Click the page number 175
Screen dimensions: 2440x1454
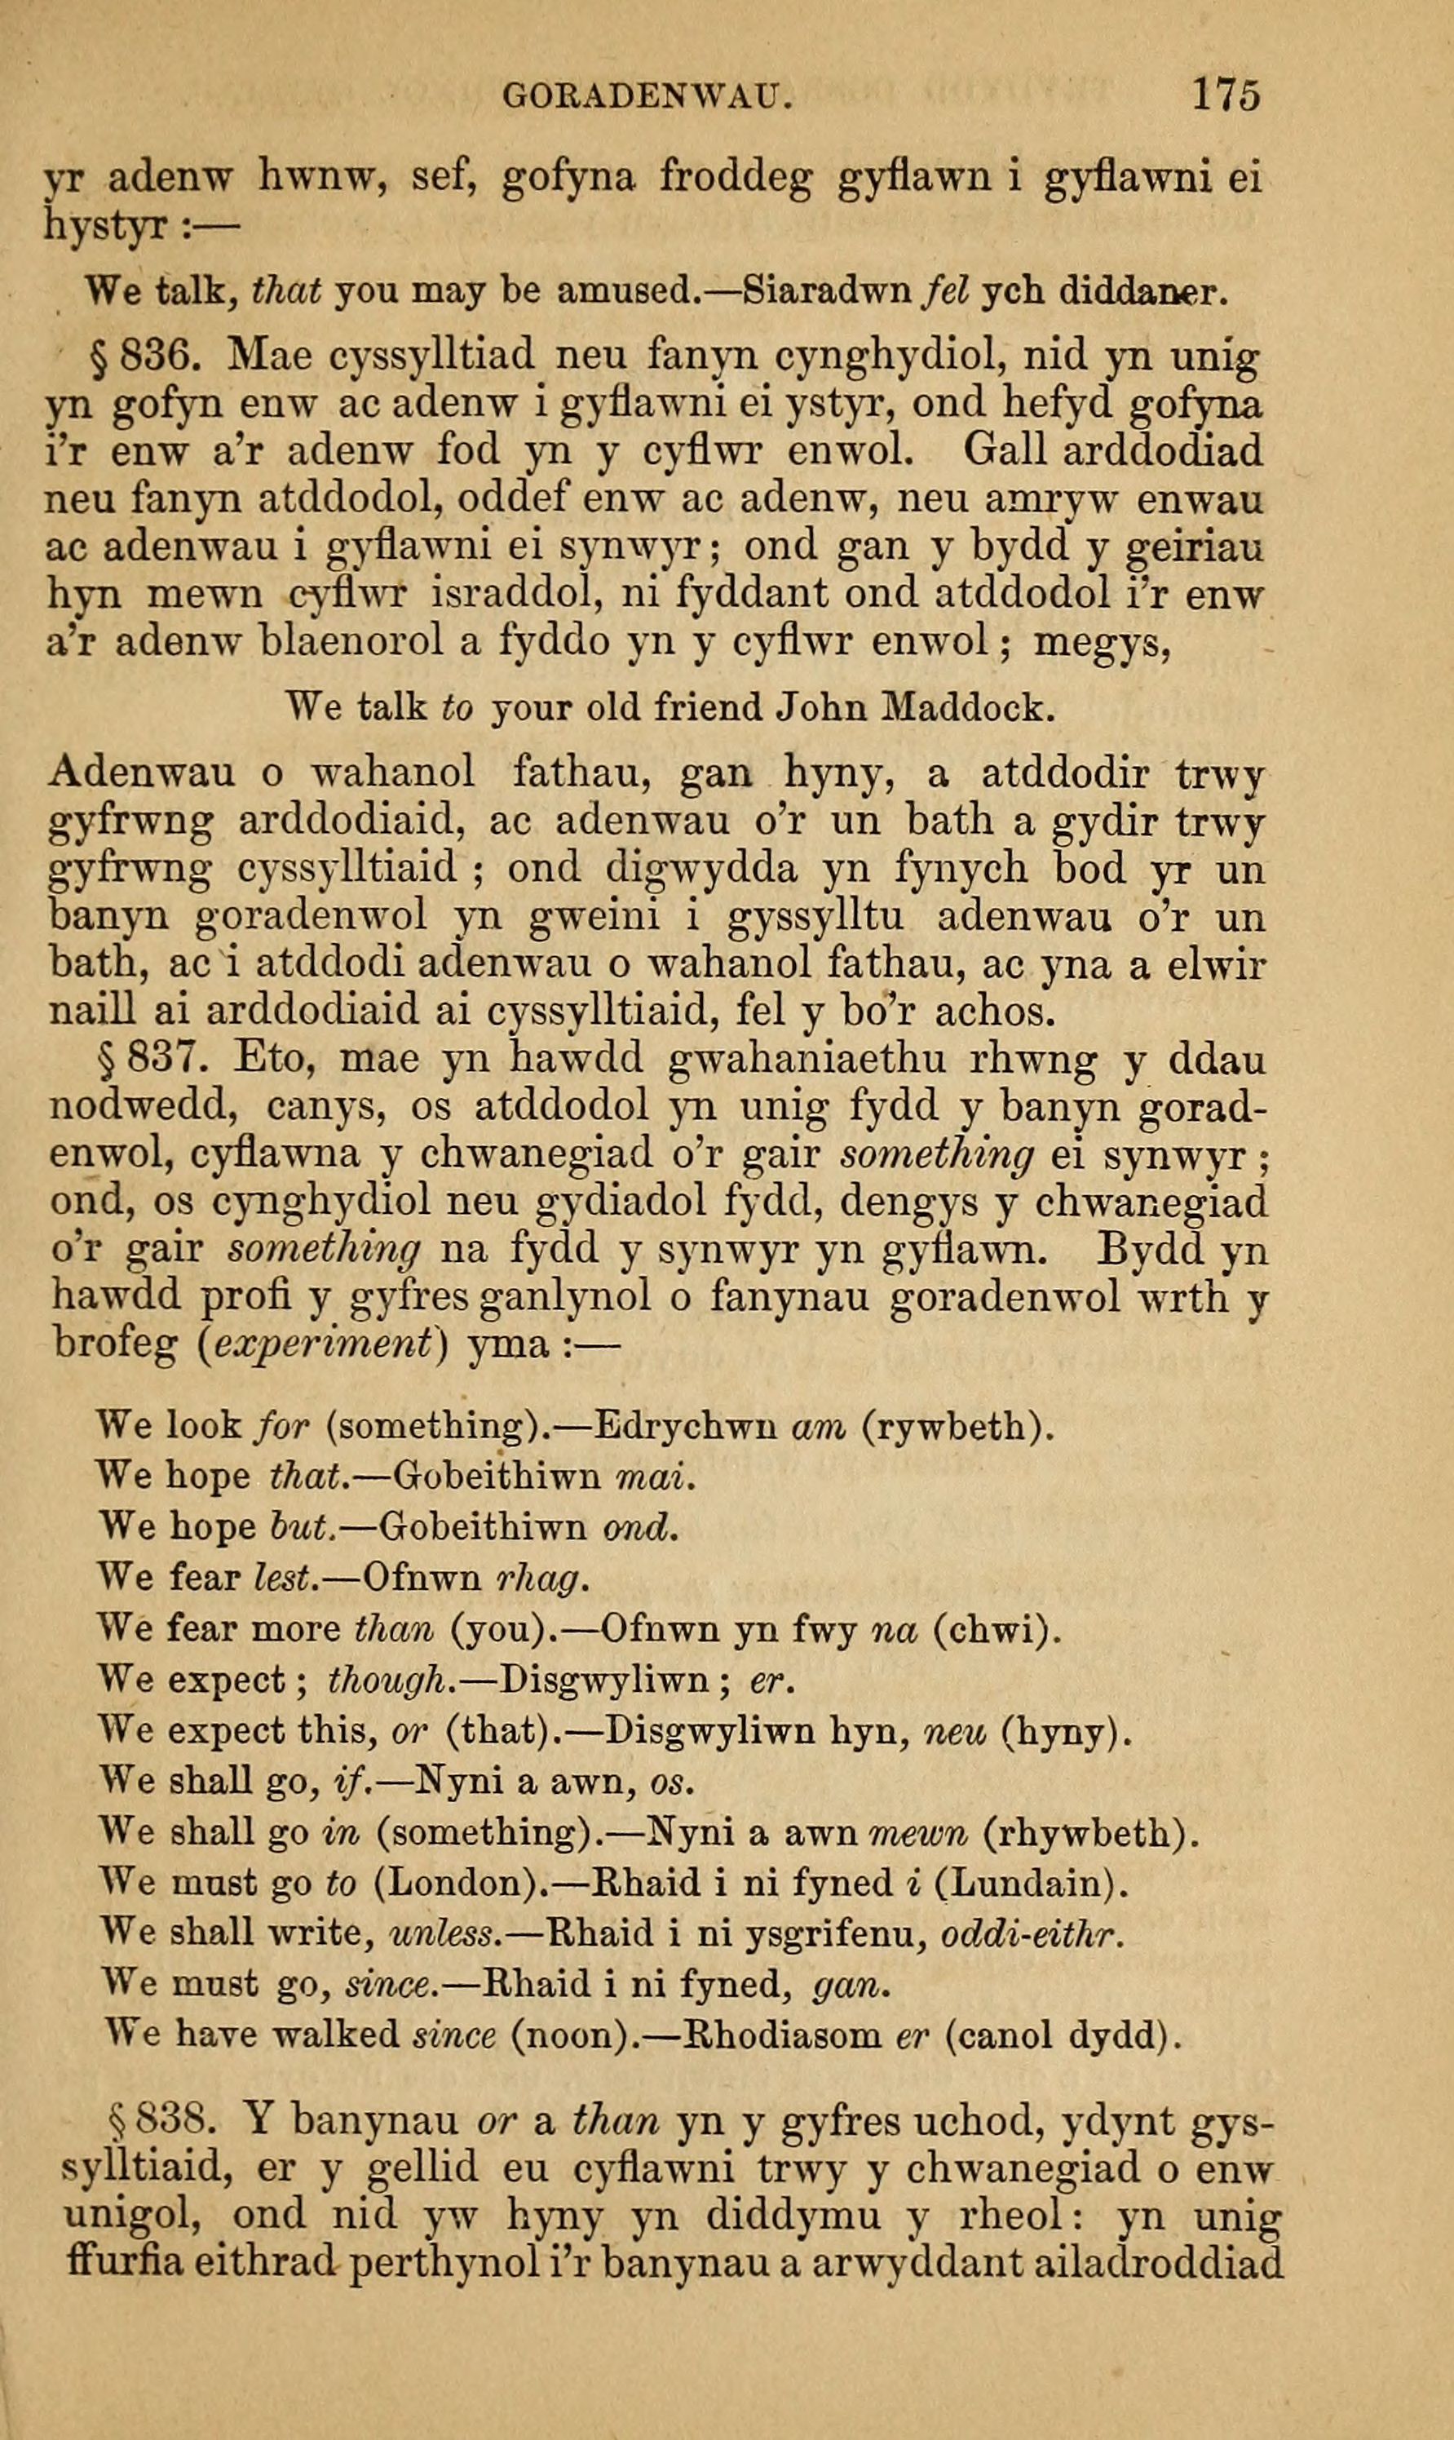tap(1225, 95)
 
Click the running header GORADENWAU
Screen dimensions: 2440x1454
tap(646, 96)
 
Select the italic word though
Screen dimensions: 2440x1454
tap(392, 1681)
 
